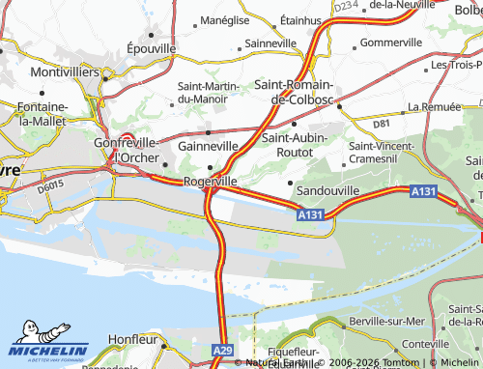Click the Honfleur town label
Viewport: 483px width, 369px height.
[133, 339]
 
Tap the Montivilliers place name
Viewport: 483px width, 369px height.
[43, 71]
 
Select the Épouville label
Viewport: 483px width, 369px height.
[151, 47]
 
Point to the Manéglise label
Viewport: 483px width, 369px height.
[218, 19]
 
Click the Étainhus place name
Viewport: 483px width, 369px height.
[300, 19]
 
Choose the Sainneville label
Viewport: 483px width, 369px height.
[270, 43]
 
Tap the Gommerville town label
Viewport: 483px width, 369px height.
[391, 43]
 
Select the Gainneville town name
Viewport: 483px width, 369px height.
[208, 146]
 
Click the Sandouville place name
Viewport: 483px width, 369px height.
[327, 191]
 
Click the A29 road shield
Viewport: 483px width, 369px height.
[220, 350]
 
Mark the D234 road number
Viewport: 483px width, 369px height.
[345, 7]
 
